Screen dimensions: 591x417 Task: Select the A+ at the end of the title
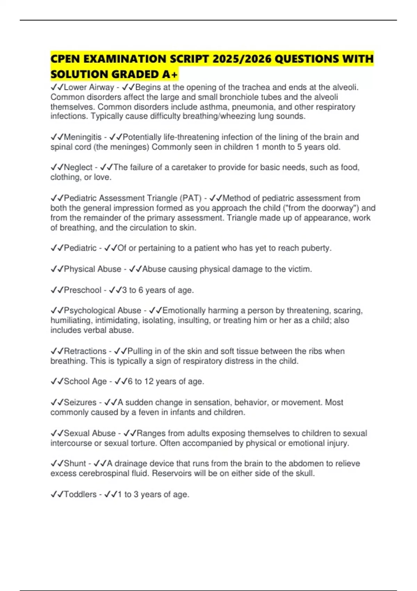(170, 74)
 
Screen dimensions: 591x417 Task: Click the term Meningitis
(83, 137)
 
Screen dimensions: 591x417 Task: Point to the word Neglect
(78, 168)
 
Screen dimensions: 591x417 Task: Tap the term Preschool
(82, 290)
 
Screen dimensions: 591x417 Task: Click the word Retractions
(85, 351)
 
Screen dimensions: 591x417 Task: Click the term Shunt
(75, 463)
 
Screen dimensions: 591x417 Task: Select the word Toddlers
(80, 494)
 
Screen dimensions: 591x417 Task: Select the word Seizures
(80, 403)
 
